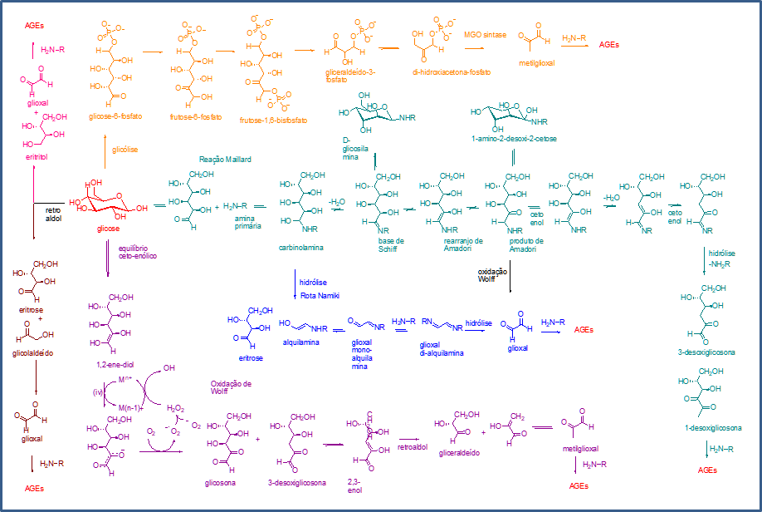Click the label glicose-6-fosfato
pos(115,116)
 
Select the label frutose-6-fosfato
pos(196,117)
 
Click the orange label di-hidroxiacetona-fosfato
pos(451,72)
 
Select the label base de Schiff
pos(388,245)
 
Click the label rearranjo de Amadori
pos(452,245)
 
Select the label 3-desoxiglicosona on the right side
pos(706,352)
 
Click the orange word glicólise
pos(127,150)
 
